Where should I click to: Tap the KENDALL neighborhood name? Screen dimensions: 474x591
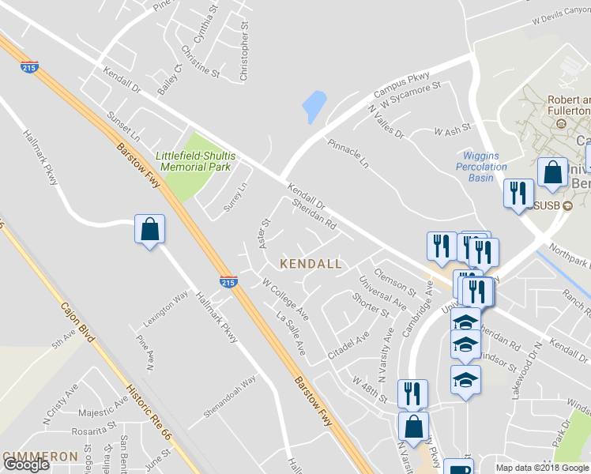pyautogui.click(x=311, y=263)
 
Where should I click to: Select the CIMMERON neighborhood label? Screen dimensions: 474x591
pyautogui.click(x=40, y=457)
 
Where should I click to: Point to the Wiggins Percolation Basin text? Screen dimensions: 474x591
pyautogui.click(x=481, y=166)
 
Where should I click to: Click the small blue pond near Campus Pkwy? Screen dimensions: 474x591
pyautogui.click(x=314, y=106)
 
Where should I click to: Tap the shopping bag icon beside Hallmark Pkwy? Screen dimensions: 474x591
pyautogui.click(x=149, y=231)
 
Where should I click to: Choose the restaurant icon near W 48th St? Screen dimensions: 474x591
pyautogui.click(x=412, y=393)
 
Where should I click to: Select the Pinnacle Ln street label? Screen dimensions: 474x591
pyautogui.click(x=348, y=153)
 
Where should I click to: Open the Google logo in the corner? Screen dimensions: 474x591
pyautogui.click(x=26, y=465)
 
